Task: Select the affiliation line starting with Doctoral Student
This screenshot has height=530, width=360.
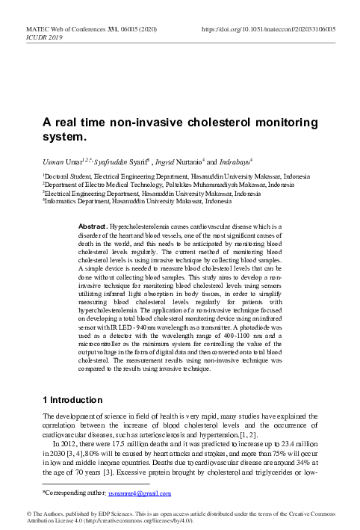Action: tap(165, 176)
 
